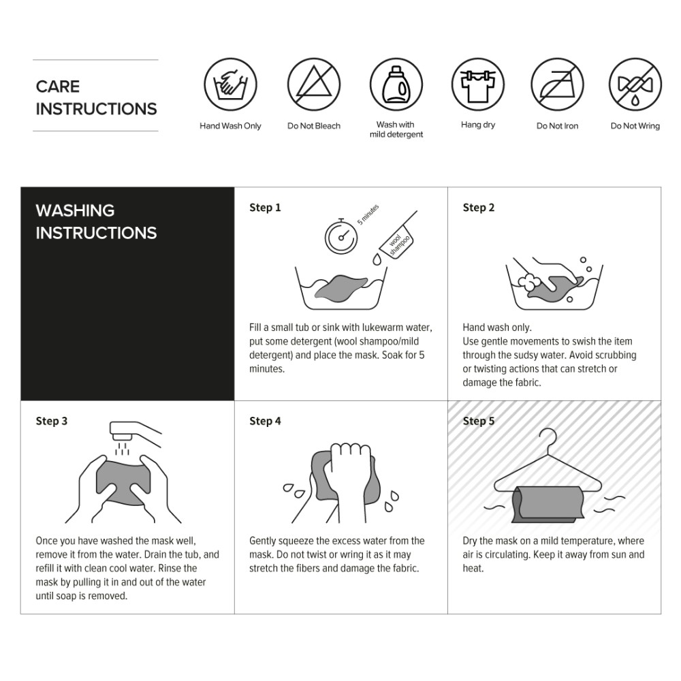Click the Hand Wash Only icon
click(x=230, y=84)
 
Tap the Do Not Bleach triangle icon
click(x=313, y=84)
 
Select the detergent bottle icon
click(x=396, y=84)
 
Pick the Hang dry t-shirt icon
click(x=478, y=84)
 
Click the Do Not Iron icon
click(x=557, y=84)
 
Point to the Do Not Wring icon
click(x=635, y=84)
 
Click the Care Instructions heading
click(x=96, y=97)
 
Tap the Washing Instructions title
click(x=96, y=221)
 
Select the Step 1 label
click(x=265, y=208)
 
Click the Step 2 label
click(x=479, y=208)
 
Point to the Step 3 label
click(x=52, y=421)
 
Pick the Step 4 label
click(x=265, y=421)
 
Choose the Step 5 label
click(x=479, y=421)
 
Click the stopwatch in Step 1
click(x=341, y=236)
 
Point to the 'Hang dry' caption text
click(x=478, y=125)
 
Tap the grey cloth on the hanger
click(x=548, y=504)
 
